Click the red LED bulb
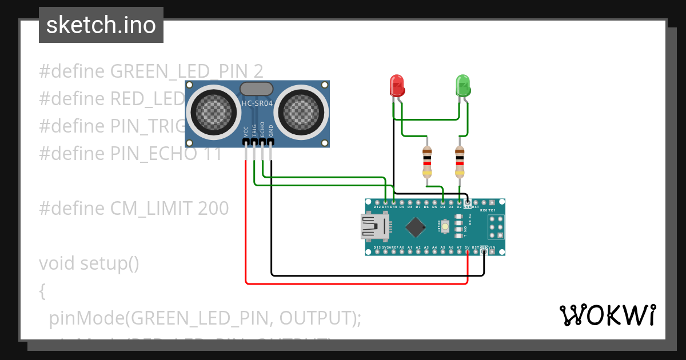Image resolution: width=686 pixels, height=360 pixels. (x=397, y=86)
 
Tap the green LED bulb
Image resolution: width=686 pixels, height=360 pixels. (x=462, y=86)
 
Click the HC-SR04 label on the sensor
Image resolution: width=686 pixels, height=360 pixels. (x=257, y=103)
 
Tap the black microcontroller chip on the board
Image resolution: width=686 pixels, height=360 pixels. (x=416, y=227)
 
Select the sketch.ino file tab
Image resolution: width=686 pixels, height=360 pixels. (x=101, y=25)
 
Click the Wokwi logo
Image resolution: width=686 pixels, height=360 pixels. (x=607, y=315)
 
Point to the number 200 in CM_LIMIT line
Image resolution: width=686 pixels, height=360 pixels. (x=213, y=209)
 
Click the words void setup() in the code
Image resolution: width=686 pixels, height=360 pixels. (x=89, y=263)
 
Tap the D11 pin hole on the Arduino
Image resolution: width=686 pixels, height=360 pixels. (x=386, y=202)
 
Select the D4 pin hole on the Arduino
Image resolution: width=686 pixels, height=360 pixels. (x=443, y=202)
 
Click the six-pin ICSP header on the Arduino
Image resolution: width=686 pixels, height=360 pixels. (x=496, y=227)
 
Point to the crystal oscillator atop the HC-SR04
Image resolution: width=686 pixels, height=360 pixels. (x=257, y=89)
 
